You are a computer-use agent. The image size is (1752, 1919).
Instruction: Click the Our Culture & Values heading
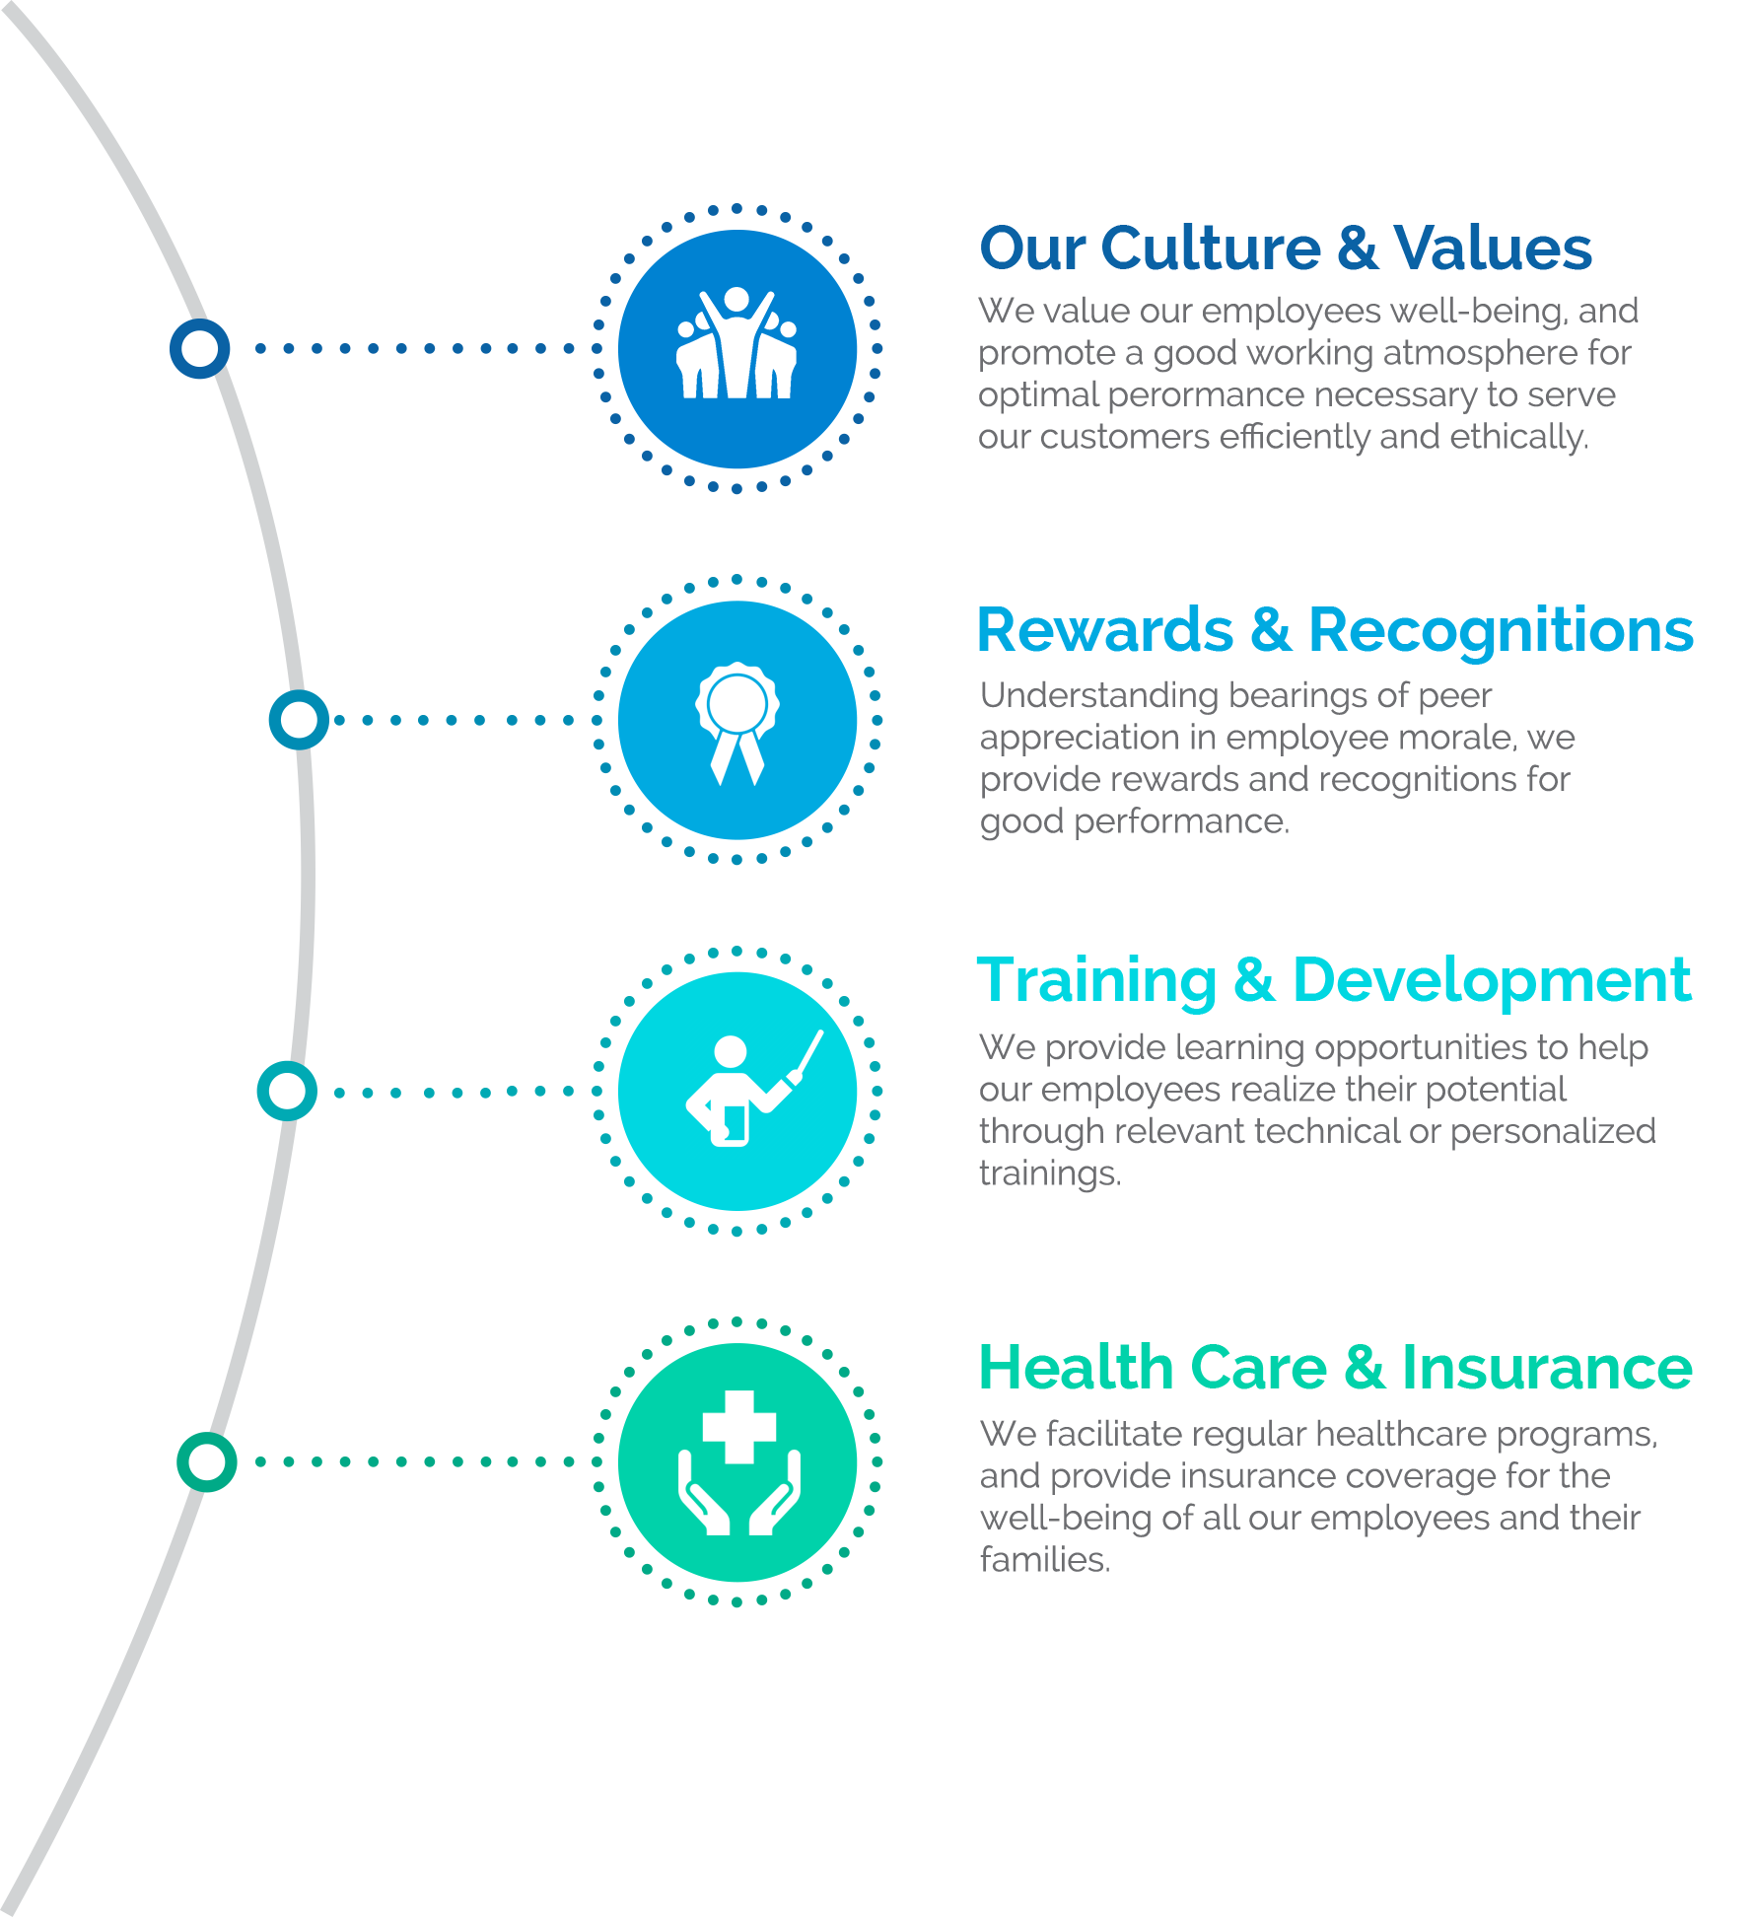click(1286, 248)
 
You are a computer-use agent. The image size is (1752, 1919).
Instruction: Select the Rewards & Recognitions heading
click(1335, 630)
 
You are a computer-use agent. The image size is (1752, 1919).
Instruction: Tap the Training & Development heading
click(1334, 981)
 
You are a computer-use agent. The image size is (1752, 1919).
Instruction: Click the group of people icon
click(736, 342)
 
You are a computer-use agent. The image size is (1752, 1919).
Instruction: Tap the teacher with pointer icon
click(754, 1088)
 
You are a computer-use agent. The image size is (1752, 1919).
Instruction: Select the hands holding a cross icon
click(738, 1462)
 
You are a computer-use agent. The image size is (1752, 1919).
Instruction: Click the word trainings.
click(1050, 1173)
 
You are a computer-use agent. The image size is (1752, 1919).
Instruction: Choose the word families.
click(1045, 1559)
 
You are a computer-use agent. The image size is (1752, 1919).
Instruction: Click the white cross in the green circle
click(739, 1427)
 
